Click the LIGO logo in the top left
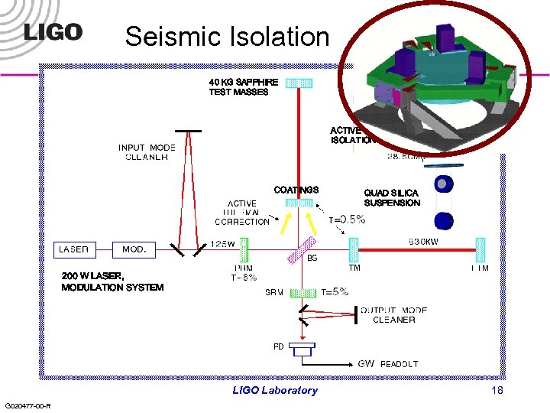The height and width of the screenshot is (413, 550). click(x=53, y=32)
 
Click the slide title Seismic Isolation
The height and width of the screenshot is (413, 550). click(x=227, y=35)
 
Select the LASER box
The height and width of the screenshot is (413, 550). click(x=76, y=249)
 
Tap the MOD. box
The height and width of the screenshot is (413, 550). click(x=135, y=249)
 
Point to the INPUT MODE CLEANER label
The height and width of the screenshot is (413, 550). click(x=147, y=152)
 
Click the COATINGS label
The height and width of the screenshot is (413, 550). click(x=296, y=190)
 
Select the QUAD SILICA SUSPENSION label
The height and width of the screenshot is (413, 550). click(x=392, y=198)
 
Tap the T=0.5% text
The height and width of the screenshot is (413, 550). click(x=348, y=220)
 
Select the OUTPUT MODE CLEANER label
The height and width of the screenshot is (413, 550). click(x=394, y=315)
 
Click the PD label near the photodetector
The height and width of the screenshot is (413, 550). click(x=279, y=346)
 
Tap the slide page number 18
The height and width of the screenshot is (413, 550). click(x=497, y=390)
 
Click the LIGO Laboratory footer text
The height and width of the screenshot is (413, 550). click(x=275, y=390)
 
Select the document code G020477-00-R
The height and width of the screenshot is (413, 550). click(x=27, y=405)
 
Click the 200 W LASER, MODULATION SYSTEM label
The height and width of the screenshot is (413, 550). click(x=112, y=281)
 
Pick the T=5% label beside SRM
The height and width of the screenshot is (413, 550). click(x=335, y=291)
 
